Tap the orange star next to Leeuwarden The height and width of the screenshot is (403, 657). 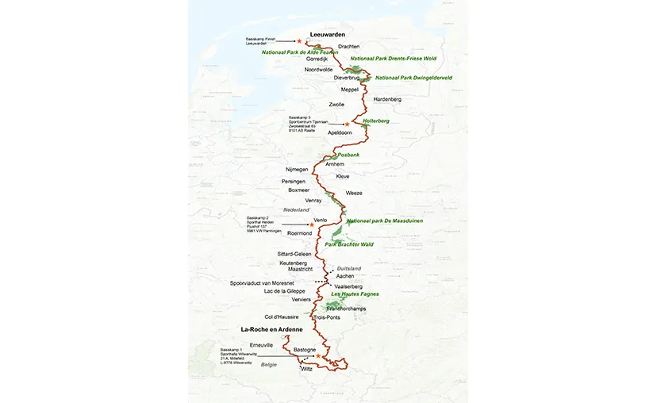coord(299,41)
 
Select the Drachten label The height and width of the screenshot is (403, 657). coord(349,47)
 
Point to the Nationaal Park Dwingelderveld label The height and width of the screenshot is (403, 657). coord(413,78)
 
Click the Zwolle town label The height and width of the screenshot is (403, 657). coord(337,104)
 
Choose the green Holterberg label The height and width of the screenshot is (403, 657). coord(375,121)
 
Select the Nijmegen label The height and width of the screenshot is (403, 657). coord(297,170)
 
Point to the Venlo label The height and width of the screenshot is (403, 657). coord(321,219)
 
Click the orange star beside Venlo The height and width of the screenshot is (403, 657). coord(312,226)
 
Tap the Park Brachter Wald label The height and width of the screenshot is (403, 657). coord(349,244)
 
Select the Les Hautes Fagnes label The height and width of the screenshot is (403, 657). coord(355,294)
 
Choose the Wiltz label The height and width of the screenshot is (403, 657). coord(308,369)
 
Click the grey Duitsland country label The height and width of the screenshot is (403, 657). coord(349,268)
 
